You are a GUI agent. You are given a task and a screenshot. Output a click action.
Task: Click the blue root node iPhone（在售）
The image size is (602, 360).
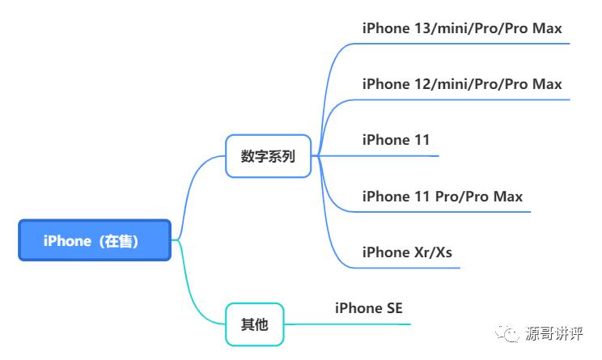coord(95,240)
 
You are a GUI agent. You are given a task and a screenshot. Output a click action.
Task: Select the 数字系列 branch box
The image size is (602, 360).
coord(269,156)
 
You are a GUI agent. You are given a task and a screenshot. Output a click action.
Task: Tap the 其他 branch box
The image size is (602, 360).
coord(254,325)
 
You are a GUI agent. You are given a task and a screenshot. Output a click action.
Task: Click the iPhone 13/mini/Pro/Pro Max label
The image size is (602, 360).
coord(461,28)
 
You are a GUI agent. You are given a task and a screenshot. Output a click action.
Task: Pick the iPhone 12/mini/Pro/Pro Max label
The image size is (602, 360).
coord(461,84)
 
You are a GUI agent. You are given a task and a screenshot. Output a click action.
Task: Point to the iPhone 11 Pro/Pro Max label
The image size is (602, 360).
coord(442,197)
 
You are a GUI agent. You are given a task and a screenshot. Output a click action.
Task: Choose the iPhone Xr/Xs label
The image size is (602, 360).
coord(407,252)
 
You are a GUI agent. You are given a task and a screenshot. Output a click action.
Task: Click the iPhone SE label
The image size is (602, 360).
coord(368,308)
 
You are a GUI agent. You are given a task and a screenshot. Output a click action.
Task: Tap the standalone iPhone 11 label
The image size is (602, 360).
coord(396,140)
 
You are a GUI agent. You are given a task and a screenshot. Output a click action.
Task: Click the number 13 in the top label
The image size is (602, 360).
coord(426,28)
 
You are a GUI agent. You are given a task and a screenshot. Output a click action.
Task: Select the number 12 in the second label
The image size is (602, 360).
coord(426,84)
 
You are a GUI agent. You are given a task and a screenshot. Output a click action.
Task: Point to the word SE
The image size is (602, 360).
coord(392,308)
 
